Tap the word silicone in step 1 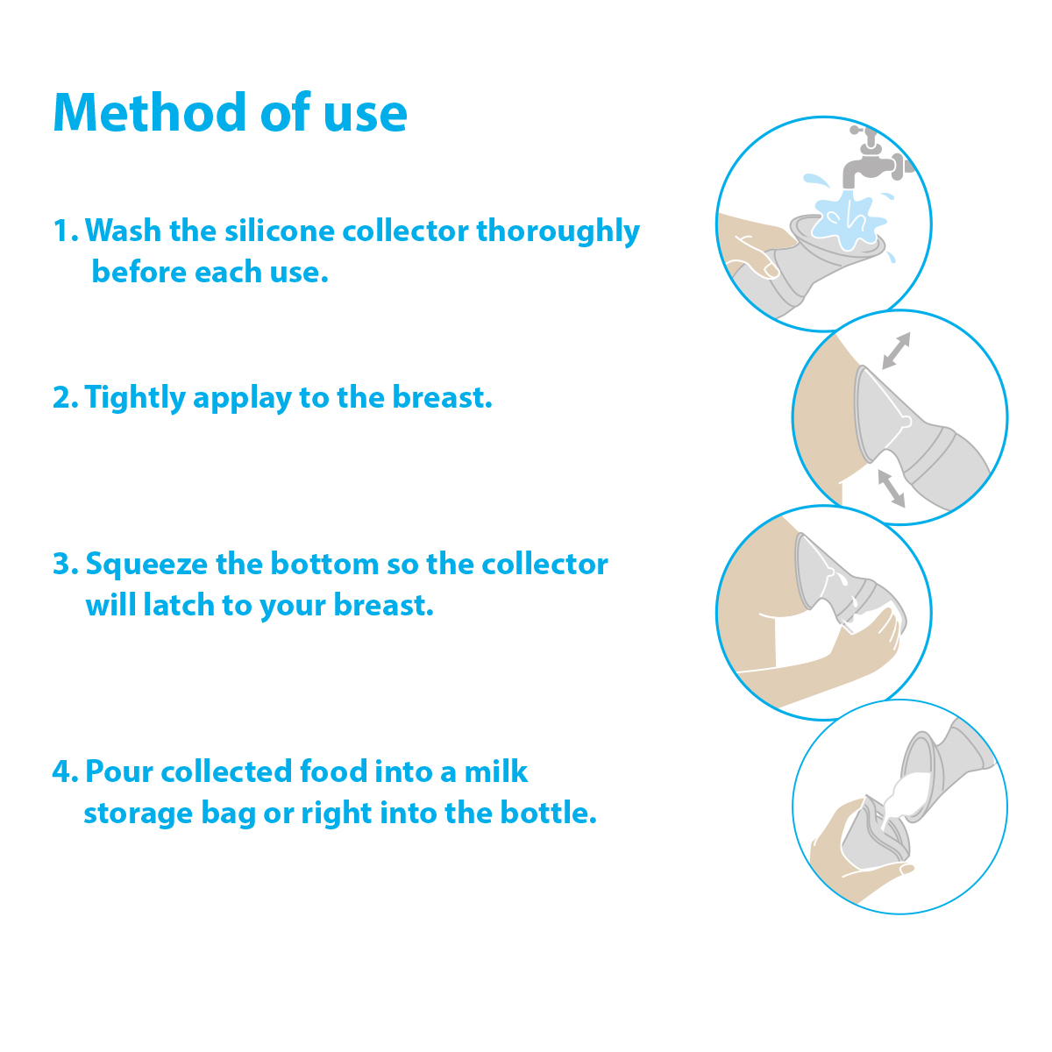[x=280, y=231]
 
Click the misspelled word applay [x=242, y=398]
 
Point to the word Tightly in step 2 [x=136, y=398]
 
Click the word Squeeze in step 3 [x=146, y=565]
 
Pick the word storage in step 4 [x=139, y=814]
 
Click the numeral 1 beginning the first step [x=60, y=231]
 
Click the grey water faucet [x=876, y=159]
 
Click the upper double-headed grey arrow [x=897, y=351]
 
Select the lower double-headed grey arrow [x=891, y=488]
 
